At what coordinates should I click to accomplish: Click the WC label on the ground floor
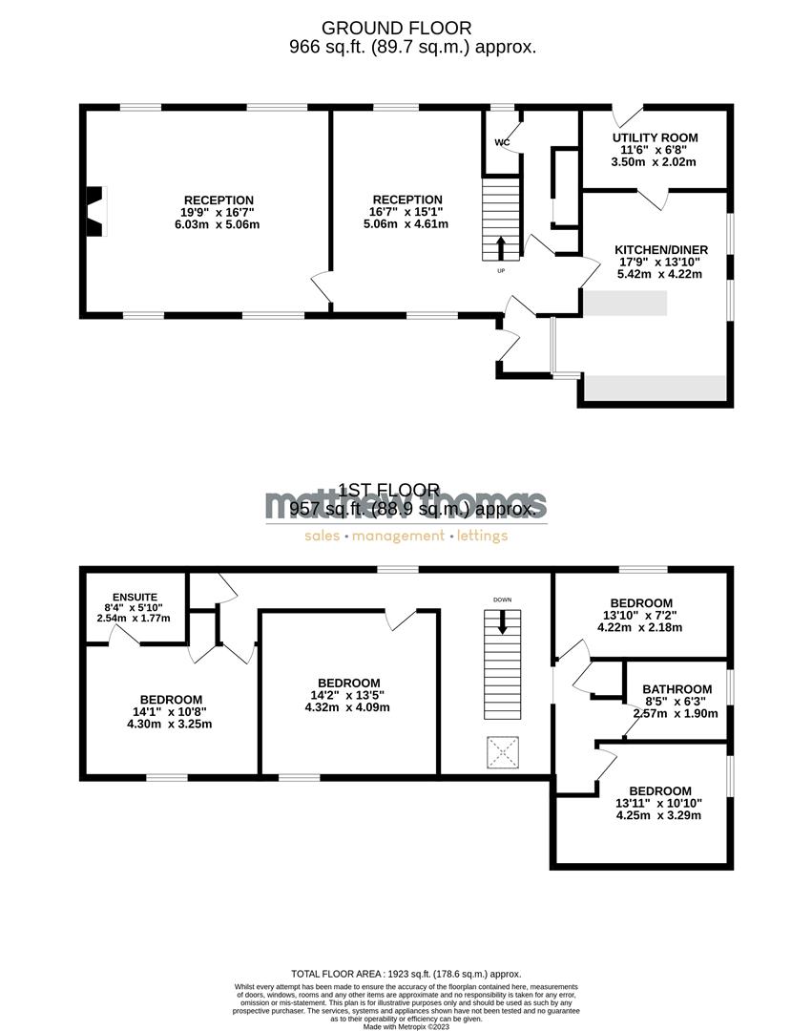coord(502,142)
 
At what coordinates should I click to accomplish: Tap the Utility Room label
coord(655,137)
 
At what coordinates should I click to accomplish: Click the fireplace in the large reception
coord(94,211)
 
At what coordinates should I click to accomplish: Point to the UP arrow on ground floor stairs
coord(502,247)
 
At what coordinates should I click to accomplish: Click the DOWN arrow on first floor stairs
coord(503,623)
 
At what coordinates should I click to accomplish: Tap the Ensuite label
coord(134,597)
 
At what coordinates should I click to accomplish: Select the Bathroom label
coord(677,689)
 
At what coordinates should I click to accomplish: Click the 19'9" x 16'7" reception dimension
coord(219,213)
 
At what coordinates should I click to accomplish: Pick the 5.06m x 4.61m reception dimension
coord(406,224)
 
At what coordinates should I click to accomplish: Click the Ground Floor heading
coord(409,29)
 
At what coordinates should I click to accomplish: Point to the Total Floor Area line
coord(406,973)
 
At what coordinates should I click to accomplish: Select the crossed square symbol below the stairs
coord(503,749)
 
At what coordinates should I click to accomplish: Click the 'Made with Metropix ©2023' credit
coord(406,1026)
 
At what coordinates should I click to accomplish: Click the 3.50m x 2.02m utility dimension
coord(655,162)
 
